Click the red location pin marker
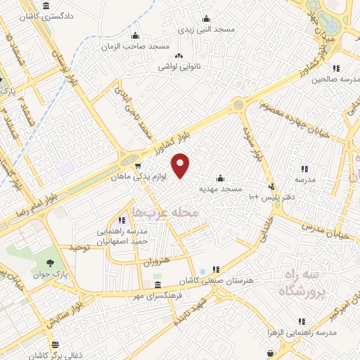(181, 165)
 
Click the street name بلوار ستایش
(65, 312)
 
